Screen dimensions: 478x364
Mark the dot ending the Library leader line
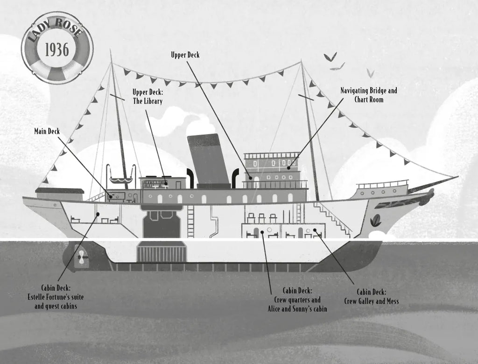166,183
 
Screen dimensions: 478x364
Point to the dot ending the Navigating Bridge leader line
288,168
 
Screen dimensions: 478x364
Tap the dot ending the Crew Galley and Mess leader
315,230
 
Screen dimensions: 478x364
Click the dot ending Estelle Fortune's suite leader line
98,214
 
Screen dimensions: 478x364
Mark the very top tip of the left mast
111,49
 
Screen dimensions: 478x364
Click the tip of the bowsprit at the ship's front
458,176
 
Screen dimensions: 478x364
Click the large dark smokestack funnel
209,161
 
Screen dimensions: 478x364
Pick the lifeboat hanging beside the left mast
121,180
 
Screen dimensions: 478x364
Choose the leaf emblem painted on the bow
376,220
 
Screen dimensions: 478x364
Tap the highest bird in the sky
330,57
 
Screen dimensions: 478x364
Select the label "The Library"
148,101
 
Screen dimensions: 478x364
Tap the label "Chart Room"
369,100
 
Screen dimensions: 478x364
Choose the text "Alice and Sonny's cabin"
297,309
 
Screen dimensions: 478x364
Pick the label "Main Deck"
47,131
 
